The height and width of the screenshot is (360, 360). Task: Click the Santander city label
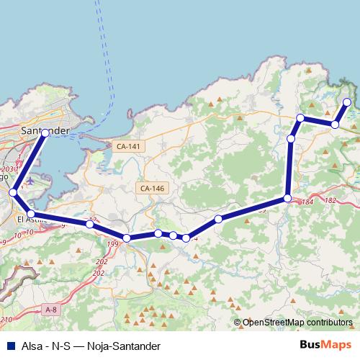pyautogui.click(x=45, y=131)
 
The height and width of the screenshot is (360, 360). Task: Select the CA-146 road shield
pyautogui.click(x=153, y=188)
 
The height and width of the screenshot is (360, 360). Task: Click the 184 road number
pyautogui.click(x=307, y=202)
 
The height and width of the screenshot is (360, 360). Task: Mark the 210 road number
pyautogui.click(x=6, y=319)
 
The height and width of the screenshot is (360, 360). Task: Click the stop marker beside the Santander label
pyautogui.click(x=45, y=132)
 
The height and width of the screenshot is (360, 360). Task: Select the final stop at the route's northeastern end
pyautogui.click(x=347, y=102)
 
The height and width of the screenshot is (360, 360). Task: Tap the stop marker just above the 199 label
pyautogui.click(x=127, y=238)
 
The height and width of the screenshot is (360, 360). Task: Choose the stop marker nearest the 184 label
pyautogui.click(x=288, y=198)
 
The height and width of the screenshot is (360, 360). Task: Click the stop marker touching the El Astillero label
pyautogui.click(x=31, y=214)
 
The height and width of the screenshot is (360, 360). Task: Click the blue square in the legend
pyautogui.click(x=9, y=346)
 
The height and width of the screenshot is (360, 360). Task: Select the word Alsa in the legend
pyautogui.click(x=32, y=346)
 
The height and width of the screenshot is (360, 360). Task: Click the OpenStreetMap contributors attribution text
pyautogui.click(x=297, y=323)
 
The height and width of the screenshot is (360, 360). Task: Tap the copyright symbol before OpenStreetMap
pyautogui.click(x=237, y=323)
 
